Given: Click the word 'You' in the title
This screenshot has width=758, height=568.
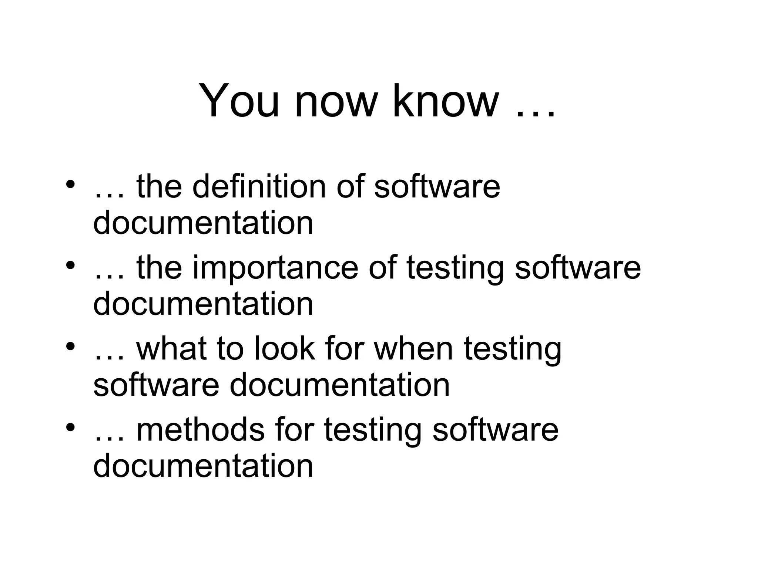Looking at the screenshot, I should pyautogui.click(x=239, y=101).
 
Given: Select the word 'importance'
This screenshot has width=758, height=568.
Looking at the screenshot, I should pyautogui.click(x=275, y=268).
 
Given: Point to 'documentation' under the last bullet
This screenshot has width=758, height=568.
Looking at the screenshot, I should pyautogui.click(x=203, y=466).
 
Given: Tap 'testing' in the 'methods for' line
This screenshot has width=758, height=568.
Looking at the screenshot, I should pyautogui.click(x=372, y=431).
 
